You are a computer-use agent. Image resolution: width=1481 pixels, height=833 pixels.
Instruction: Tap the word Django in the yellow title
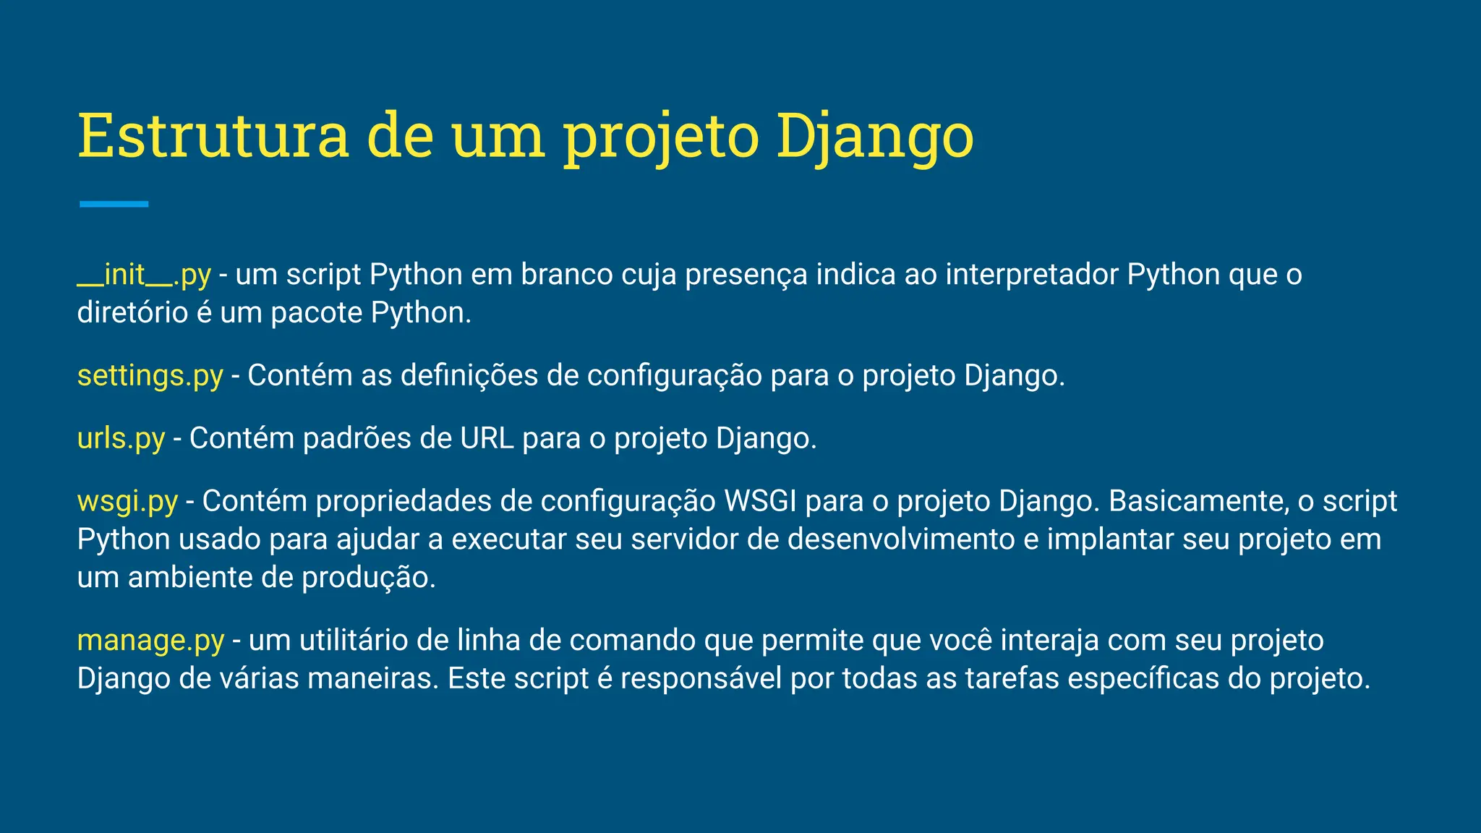click(875, 137)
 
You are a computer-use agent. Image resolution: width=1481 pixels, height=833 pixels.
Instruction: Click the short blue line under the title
click(114, 204)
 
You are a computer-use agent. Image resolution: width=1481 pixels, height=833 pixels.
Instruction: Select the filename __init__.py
click(144, 275)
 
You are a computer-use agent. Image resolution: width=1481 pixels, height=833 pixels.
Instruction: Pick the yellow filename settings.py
click(150, 376)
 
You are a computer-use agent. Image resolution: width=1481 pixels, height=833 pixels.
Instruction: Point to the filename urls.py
click(121, 439)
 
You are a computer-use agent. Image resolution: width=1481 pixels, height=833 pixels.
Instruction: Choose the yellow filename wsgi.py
click(127, 502)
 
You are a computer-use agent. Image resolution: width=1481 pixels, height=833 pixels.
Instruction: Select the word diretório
click(132, 313)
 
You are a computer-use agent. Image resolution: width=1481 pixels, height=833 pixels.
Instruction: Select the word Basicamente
click(1199, 502)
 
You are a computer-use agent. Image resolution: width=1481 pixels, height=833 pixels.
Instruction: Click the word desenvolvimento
click(901, 540)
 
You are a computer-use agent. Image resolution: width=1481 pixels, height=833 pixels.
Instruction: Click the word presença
click(746, 275)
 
